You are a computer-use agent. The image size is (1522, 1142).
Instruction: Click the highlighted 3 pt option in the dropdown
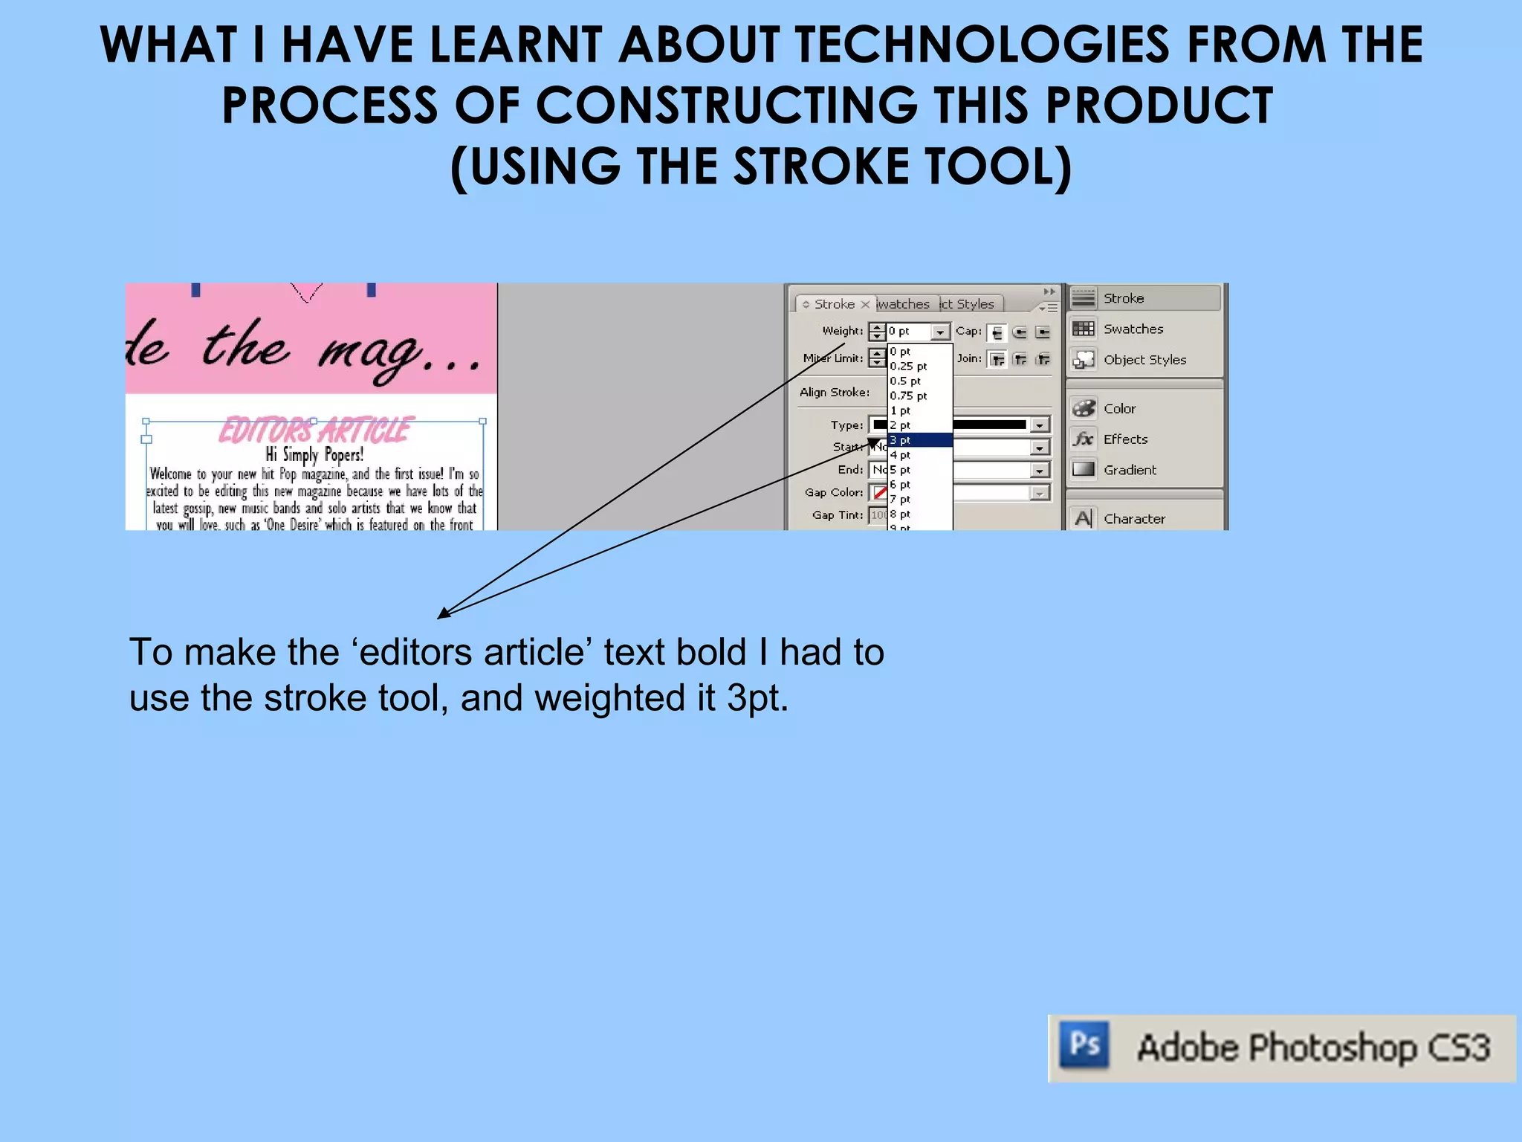point(919,440)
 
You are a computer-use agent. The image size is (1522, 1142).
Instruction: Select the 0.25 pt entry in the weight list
point(908,366)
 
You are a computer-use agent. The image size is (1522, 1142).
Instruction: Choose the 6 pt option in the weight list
point(900,484)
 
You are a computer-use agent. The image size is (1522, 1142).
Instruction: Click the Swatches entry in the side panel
point(1133,329)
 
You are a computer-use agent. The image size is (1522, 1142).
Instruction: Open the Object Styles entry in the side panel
point(1144,359)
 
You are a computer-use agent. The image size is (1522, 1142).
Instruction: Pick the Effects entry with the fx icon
point(1124,439)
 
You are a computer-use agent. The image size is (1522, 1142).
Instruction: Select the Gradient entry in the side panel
point(1129,470)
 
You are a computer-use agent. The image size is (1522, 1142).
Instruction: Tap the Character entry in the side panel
point(1133,518)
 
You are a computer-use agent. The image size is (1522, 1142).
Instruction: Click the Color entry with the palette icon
point(1118,408)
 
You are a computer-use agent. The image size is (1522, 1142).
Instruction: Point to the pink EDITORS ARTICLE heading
point(314,430)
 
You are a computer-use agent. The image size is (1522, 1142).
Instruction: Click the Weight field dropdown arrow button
point(940,332)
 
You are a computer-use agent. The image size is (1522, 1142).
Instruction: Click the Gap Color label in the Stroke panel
point(833,492)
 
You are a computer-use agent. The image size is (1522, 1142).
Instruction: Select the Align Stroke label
point(834,392)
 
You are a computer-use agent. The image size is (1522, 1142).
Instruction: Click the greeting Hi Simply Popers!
point(314,454)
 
